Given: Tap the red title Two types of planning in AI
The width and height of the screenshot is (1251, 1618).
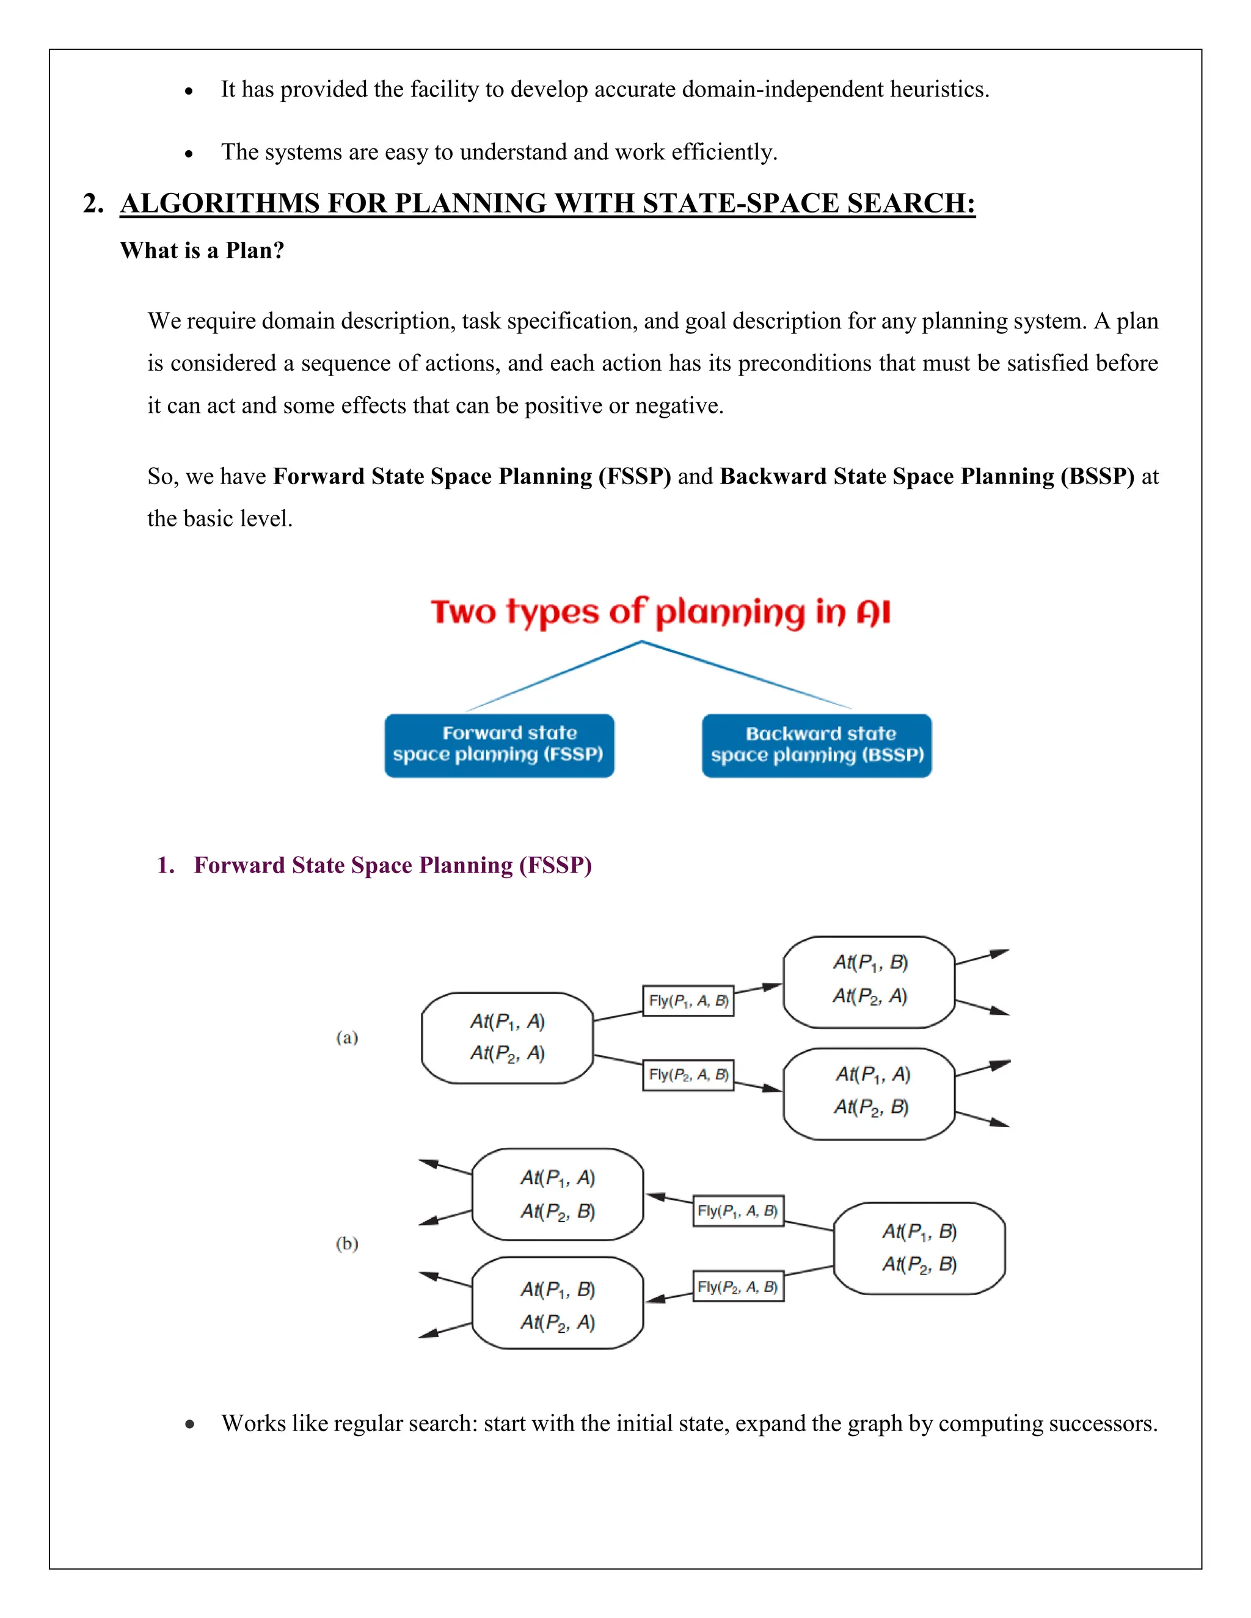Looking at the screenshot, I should tap(660, 612).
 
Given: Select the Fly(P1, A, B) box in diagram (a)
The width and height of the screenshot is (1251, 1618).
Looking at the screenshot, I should tap(688, 1001).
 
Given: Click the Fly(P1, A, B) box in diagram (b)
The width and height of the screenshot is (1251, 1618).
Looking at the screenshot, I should tap(738, 1211).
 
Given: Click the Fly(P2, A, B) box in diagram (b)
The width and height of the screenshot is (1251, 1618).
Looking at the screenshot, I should tap(738, 1287).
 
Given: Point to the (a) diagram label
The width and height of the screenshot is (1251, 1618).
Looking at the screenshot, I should tap(347, 1037).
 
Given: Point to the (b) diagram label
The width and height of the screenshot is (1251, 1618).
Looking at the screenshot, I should tap(347, 1243).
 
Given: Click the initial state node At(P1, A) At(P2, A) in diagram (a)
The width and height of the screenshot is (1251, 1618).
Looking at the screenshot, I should tap(507, 1038).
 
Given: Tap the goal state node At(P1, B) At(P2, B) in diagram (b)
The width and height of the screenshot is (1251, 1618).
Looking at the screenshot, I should tap(919, 1249).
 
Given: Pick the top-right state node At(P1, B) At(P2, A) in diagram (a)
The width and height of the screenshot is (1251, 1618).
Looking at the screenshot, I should tap(869, 981).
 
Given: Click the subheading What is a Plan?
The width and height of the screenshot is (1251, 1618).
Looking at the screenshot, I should tap(202, 250).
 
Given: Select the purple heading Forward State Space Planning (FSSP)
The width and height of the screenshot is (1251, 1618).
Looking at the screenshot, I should tap(392, 865).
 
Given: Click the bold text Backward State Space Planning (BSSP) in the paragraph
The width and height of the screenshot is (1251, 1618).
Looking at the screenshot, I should tap(927, 476).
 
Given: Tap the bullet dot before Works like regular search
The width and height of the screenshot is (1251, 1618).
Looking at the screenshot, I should tap(190, 1424).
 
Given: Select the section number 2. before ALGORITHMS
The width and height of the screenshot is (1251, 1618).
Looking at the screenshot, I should tap(93, 204).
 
